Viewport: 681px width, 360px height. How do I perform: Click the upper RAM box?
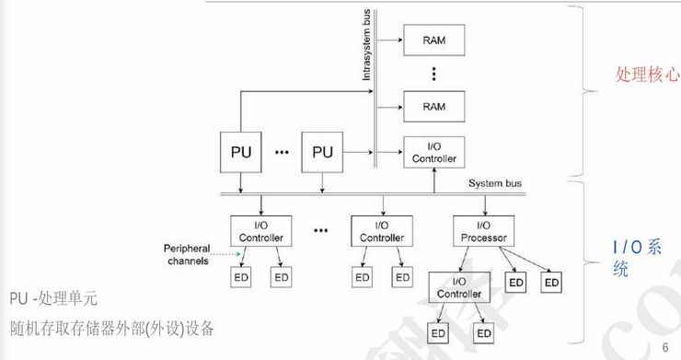pyautogui.click(x=434, y=41)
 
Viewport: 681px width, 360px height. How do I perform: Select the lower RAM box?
pyautogui.click(x=434, y=107)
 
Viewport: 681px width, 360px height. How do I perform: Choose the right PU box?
pyautogui.click(x=322, y=151)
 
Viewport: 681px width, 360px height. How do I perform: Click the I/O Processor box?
pyautogui.click(x=484, y=231)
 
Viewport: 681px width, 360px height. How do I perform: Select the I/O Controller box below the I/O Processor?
pyautogui.click(x=459, y=288)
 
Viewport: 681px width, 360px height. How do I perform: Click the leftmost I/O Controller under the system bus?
pyautogui.click(x=260, y=231)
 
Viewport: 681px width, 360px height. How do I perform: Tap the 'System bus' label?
pyautogui.click(x=495, y=183)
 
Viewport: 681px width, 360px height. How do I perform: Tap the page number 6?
pyautogui.click(x=664, y=346)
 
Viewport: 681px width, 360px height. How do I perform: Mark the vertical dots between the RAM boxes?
pyautogui.click(x=433, y=74)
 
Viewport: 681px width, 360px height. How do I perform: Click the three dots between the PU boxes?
pyautogui.click(x=282, y=152)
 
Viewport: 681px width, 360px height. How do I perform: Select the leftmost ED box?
pyautogui.click(x=240, y=276)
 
